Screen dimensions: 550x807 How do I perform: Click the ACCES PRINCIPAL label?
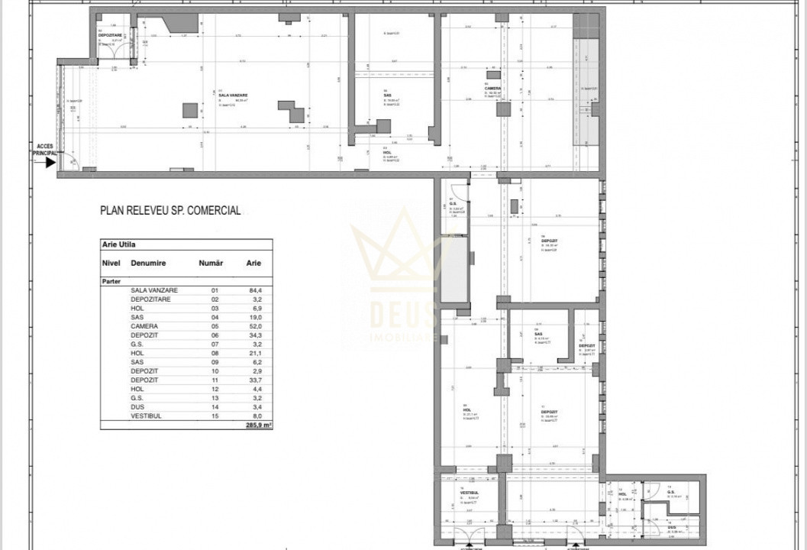44,149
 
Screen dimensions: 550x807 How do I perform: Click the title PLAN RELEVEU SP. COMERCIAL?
170,210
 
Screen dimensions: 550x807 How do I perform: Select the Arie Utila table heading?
119,245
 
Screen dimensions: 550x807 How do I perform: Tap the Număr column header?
210,263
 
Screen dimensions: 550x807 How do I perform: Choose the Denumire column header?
148,263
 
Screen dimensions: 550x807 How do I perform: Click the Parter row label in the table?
111,281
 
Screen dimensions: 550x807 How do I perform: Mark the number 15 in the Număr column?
214,416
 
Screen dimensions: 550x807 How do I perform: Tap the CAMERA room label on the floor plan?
492,88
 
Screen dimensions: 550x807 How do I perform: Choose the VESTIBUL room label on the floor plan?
470,493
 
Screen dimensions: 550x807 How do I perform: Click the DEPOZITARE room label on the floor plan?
111,35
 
